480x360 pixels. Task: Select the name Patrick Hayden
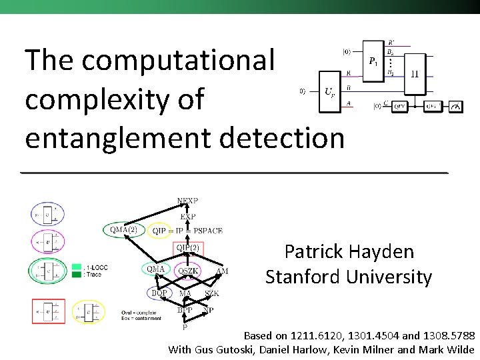click(x=349, y=251)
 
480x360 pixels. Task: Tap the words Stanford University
click(x=349, y=276)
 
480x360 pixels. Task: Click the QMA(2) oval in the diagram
click(x=123, y=230)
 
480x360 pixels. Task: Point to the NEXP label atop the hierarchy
click(x=187, y=201)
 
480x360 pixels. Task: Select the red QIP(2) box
click(x=188, y=248)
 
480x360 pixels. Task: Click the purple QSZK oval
click(x=187, y=271)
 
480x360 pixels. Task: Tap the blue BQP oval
click(x=158, y=293)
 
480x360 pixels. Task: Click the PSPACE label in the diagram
click(x=208, y=231)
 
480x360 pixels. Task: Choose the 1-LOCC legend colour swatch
click(x=77, y=267)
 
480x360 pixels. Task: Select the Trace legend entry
click(x=91, y=274)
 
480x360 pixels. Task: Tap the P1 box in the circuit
click(x=373, y=61)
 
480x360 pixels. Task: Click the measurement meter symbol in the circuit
click(x=457, y=105)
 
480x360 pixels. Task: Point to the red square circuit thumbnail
click(x=49, y=311)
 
